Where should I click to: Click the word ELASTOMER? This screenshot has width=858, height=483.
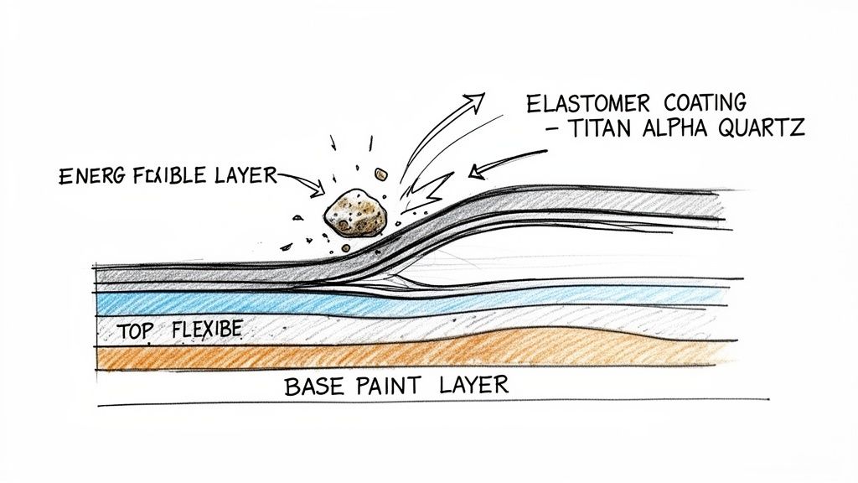pos(588,104)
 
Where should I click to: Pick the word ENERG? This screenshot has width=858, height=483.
pos(90,177)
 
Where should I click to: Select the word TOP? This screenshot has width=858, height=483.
pos(137,330)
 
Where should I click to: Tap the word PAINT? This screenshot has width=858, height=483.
pos(392,387)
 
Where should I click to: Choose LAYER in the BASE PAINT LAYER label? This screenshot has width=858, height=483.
pos(473,387)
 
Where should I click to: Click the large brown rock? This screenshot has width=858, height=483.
pos(355,213)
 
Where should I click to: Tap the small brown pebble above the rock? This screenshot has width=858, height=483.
pos(380,174)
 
